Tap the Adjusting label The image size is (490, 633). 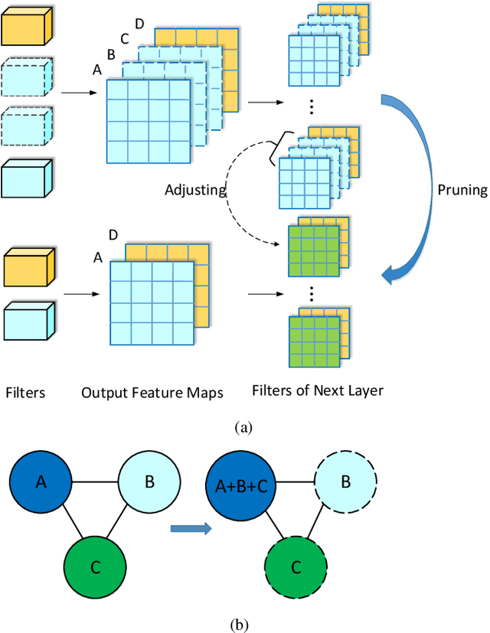pos(194,188)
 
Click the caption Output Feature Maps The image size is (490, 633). pos(152,393)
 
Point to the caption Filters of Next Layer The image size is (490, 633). pos(317,390)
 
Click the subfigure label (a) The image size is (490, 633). pos(244,428)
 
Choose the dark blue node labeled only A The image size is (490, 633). pos(41,483)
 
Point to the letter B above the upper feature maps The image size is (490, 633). pos(111,54)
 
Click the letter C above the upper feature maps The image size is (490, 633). pos(125,39)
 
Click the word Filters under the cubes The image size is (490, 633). pos(25,393)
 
